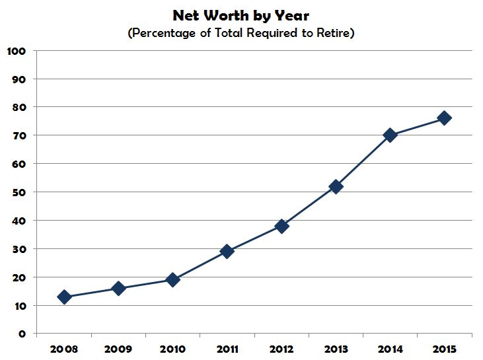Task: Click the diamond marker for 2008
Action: click(64, 297)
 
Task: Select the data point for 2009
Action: click(118, 288)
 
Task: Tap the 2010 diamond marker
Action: click(172, 279)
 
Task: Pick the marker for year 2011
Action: click(227, 251)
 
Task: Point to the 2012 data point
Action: click(281, 226)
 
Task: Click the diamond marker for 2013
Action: click(336, 186)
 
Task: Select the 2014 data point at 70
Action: click(390, 135)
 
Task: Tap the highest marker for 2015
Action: click(444, 118)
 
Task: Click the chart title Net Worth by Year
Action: click(241, 15)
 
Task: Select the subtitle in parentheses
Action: click(241, 33)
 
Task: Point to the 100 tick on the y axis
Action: click(16, 51)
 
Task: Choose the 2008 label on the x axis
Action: click(64, 347)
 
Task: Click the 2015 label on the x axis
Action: click(444, 347)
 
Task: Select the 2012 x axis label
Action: click(281, 347)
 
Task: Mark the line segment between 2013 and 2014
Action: click(363, 161)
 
